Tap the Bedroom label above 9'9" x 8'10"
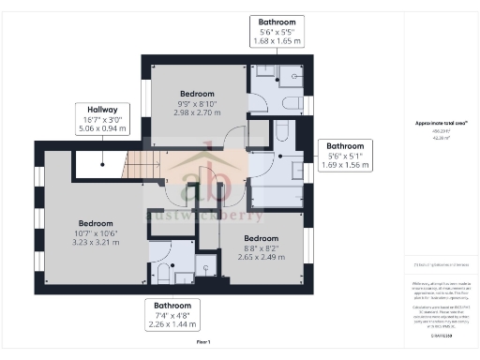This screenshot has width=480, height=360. coord(197,94)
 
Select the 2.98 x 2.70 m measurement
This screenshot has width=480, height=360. coord(197,112)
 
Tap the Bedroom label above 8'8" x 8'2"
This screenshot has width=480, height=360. coord(262,238)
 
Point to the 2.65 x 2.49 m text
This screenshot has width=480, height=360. coord(262,257)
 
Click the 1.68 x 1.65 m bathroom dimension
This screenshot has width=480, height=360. coord(278,41)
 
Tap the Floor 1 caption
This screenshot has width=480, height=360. coord(203,342)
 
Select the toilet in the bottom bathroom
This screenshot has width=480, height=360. coord(161,274)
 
